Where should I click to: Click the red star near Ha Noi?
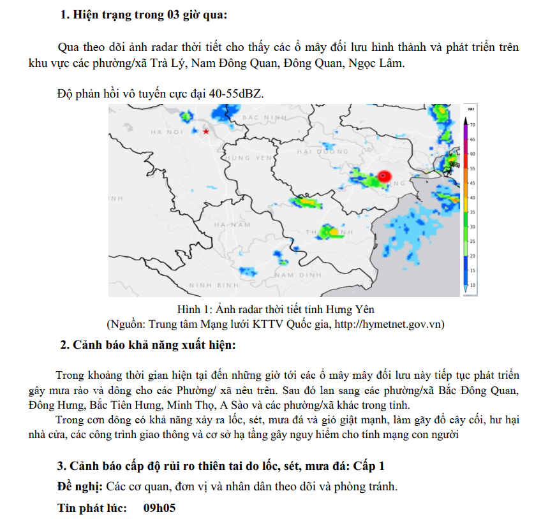[x=205, y=131]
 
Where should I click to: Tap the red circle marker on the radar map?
[x=383, y=176]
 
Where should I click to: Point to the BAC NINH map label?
[x=265, y=118]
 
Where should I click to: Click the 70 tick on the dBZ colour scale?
[x=473, y=125]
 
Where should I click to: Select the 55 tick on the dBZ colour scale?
[x=473, y=168]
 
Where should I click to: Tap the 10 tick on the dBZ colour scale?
[x=473, y=284]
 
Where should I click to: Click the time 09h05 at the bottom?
[x=159, y=508]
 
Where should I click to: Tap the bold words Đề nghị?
[x=80, y=486]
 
